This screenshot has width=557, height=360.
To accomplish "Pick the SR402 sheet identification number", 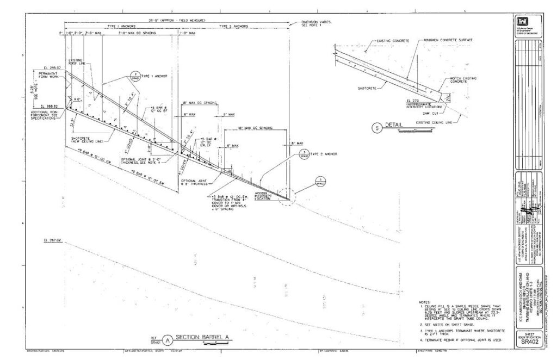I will point(529,341).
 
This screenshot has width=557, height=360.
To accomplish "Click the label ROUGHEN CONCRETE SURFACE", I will point(448,40).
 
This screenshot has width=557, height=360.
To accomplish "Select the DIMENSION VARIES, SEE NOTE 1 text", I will point(317,23).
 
